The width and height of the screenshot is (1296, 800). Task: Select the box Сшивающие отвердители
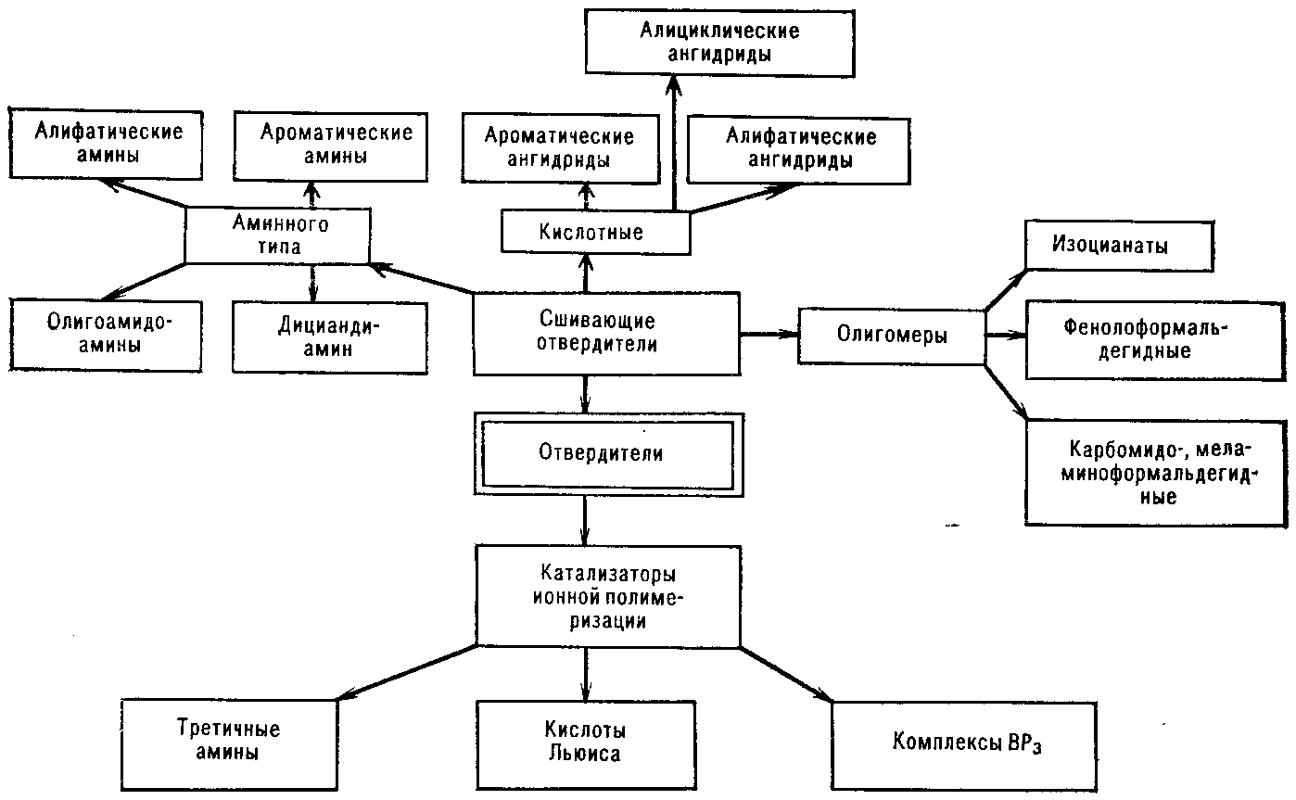click(x=607, y=334)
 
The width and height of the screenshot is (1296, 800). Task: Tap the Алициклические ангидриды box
click(x=719, y=43)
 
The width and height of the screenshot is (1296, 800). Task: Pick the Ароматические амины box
click(x=336, y=145)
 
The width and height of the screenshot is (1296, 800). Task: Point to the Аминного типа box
click(x=278, y=235)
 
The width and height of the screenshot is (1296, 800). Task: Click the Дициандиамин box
click(x=329, y=337)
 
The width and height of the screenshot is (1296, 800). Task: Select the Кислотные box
click(x=596, y=232)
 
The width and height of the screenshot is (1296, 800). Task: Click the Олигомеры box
click(x=892, y=336)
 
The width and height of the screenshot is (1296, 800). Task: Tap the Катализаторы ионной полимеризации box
click(x=607, y=594)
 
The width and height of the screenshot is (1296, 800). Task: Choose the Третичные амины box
click(x=228, y=741)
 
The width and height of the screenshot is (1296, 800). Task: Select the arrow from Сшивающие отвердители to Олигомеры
click(x=769, y=334)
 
